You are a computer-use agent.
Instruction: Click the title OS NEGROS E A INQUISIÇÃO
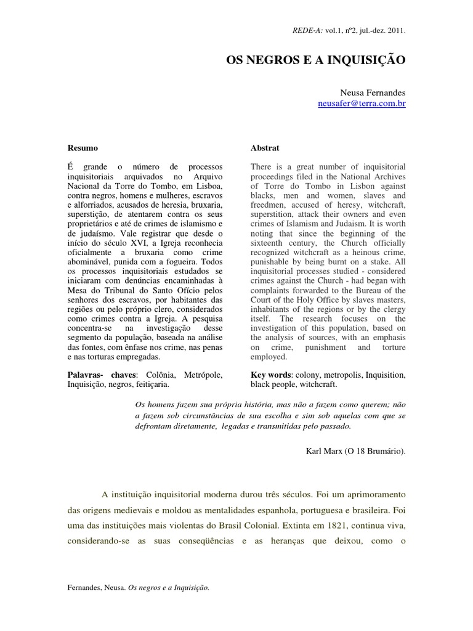[317, 60]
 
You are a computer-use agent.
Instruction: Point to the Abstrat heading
[265, 148]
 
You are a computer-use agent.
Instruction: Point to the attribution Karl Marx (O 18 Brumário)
[356, 450]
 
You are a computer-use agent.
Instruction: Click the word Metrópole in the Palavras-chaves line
[203, 374]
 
